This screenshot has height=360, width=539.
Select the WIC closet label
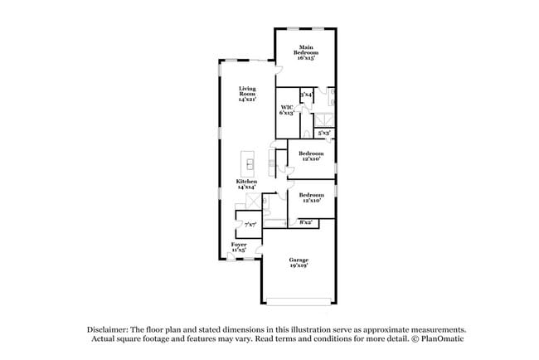[x=287, y=108]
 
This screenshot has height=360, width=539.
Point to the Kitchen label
[x=246, y=181]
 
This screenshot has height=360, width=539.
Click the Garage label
[x=299, y=260]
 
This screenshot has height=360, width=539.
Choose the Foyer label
[x=239, y=245]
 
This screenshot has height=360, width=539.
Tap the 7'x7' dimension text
[x=250, y=224]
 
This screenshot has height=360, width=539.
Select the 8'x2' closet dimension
[x=305, y=221]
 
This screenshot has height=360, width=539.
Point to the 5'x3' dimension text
[x=325, y=133]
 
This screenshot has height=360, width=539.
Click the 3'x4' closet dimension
[x=306, y=95]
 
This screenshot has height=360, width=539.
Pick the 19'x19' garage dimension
[x=299, y=265]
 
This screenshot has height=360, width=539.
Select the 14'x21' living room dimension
[x=247, y=99]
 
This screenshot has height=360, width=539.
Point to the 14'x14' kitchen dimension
[x=246, y=187]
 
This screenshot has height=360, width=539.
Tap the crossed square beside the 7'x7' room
[x=239, y=202]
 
